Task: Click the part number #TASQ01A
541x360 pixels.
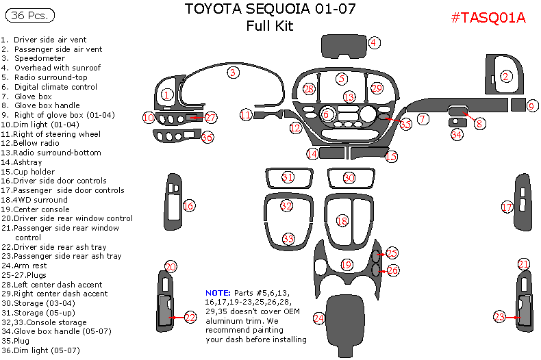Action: tap(488, 18)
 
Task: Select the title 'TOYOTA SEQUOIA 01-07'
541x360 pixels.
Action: tap(270, 10)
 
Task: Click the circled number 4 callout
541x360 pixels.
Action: tap(374, 42)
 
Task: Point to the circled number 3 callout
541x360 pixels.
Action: tap(233, 72)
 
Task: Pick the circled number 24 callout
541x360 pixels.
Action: tap(318, 318)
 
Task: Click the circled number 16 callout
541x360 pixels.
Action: tap(189, 205)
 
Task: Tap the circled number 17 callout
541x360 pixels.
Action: tap(507, 206)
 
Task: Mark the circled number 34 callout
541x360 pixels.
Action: tap(457, 135)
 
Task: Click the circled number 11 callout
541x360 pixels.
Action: tap(246, 115)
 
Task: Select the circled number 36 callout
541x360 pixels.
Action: tap(207, 137)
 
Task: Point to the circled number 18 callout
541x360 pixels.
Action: tap(342, 220)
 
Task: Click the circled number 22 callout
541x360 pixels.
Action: tap(190, 317)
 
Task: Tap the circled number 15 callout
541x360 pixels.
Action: tap(391, 157)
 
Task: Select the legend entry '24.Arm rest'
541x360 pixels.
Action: tap(24, 266)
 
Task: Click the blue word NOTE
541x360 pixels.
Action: tap(218, 292)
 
